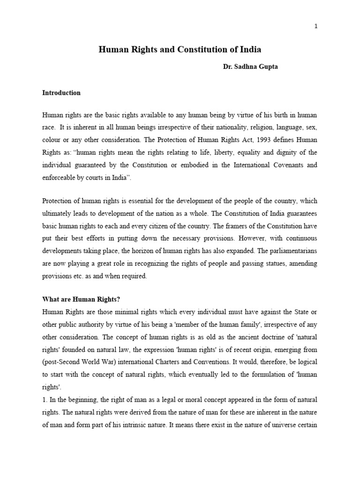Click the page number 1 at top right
(316, 26)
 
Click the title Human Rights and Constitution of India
(180, 49)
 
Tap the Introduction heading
(61, 93)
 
